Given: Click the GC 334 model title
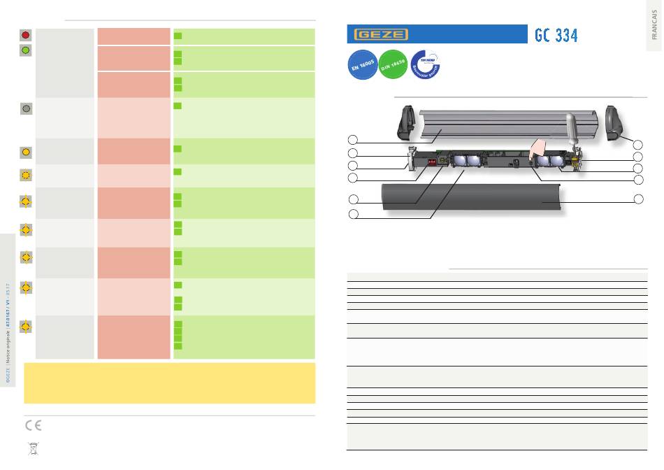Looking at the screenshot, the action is (x=556, y=35).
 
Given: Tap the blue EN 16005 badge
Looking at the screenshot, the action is (x=361, y=64).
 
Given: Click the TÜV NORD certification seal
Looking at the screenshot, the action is (x=426, y=64).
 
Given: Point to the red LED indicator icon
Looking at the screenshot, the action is (x=26, y=34).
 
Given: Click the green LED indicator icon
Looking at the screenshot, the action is (x=26, y=50).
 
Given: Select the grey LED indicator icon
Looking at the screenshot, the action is (x=26, y=108).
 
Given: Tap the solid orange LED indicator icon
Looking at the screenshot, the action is (x=26, y=151).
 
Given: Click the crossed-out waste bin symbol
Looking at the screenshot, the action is (x=32, y=448).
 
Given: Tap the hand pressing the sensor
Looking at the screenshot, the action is (x=540, y=148).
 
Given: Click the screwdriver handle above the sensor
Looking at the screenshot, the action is (x=571, y=127).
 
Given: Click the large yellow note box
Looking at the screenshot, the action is (x=169, y=383).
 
